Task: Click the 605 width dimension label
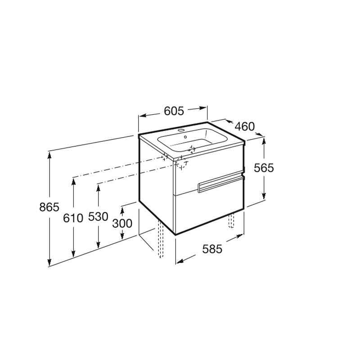tap(174, 111)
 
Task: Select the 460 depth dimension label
tap(245, 126)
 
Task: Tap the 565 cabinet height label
tap(264, 168)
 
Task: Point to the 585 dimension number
tap(212, 249)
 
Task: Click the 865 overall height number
tap(49, 207)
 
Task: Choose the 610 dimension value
tap(73, 218)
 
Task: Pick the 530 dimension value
tap(98, 216)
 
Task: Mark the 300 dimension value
tap(122, 223)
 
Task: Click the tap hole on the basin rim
tap(181, 130)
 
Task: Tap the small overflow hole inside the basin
tap(185, 137)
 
